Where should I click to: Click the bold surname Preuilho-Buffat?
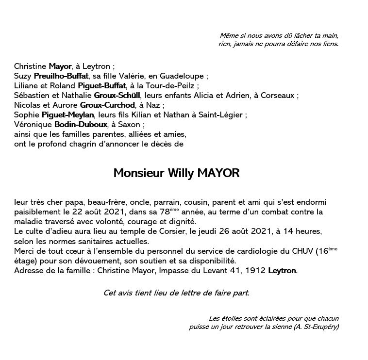[x=61, y=76]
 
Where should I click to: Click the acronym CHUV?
[x=301, y=251]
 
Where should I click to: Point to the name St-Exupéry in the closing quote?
[x=319, y=327]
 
